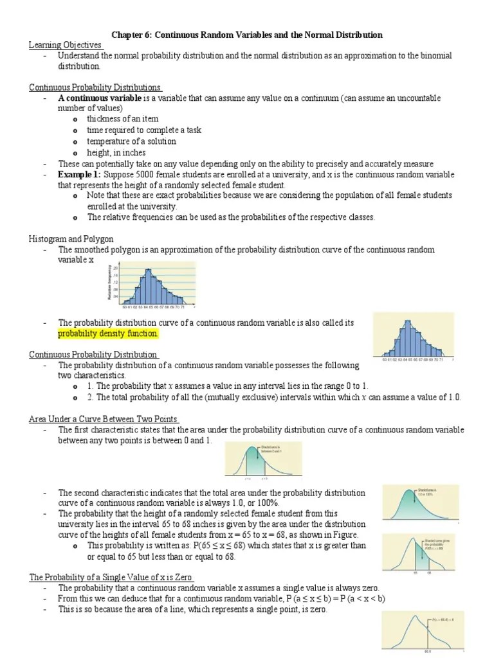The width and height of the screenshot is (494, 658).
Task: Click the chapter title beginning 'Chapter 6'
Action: (x=248, y=35)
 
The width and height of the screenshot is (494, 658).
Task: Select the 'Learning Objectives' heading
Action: (x=66, y=45)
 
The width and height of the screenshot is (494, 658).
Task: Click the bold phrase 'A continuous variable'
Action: (x=100, y=98)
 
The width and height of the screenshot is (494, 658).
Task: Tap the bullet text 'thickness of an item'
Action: (x=123, y=119)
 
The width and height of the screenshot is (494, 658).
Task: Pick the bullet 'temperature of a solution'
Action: (x=131, y=141)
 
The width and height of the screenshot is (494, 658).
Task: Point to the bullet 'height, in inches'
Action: (x=116, y=153)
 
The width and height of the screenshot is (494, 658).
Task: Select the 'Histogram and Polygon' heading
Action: (x=70, y=238)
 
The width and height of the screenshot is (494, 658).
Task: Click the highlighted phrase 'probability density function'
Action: (x=107, y=334)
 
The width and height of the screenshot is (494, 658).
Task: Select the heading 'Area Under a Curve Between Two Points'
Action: (x=104, y=419)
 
